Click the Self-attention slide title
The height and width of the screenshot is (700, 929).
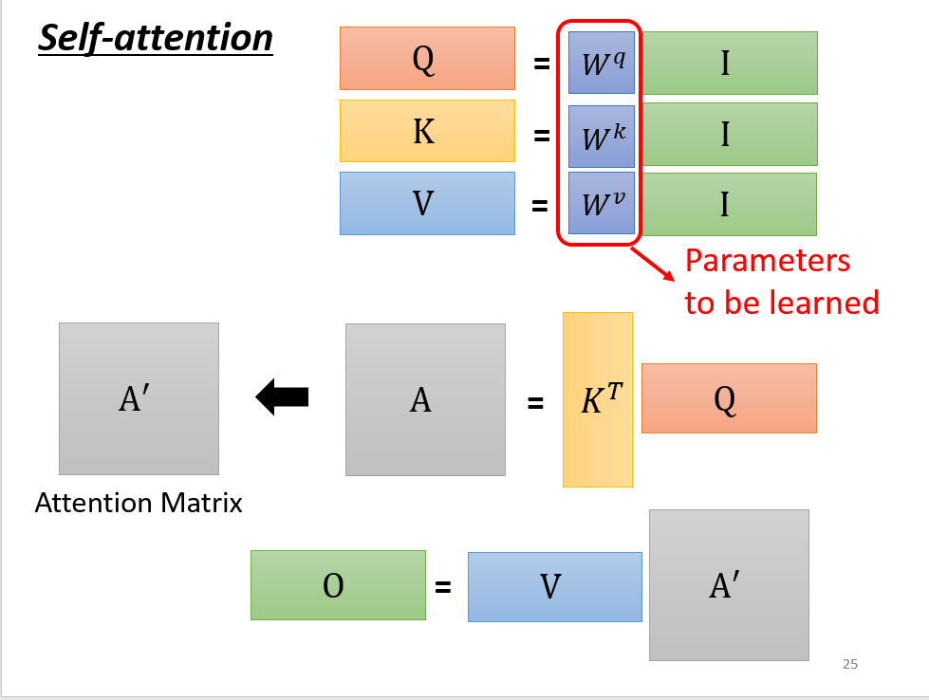156,39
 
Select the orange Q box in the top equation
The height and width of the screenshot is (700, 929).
427,59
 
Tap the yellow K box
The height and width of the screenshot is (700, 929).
427,131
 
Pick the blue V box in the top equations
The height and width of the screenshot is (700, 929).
427,203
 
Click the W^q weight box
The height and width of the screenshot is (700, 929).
602,63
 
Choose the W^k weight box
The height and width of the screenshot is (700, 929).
602,135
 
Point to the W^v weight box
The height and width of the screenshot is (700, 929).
602,203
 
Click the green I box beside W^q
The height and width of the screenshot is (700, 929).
725,63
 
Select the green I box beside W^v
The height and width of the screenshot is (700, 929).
725,203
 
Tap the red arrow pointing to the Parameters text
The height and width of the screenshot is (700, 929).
654,263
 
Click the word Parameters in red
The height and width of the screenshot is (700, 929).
767,260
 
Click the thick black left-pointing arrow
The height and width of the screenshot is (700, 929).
282,396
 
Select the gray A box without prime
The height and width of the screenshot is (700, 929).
425,399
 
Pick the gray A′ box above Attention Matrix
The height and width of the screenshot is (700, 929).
139,398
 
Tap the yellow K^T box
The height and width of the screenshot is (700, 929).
598,399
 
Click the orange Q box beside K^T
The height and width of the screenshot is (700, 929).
729,398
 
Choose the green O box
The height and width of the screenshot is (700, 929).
338,585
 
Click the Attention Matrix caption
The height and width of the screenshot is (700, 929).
139,503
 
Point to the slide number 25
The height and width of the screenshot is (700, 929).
849,664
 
